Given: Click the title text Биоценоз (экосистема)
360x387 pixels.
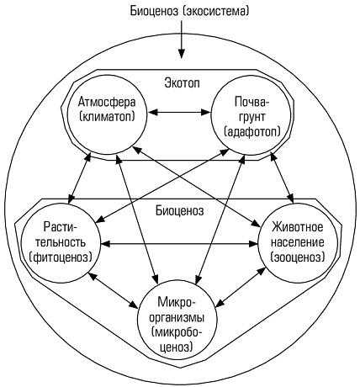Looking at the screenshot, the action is click(189, 11).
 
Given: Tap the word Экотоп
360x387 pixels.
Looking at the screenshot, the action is click(183, 82).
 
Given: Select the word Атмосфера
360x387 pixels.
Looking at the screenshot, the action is click(107, 102).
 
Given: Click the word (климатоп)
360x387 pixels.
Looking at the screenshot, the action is click(107, 116).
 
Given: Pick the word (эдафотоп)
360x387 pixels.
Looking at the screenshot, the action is click(252, 131).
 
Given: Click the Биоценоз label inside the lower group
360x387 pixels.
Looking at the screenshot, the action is click(180, 210).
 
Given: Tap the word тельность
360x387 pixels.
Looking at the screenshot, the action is click(61, 241).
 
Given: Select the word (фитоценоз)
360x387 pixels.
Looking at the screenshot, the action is click(61, 257).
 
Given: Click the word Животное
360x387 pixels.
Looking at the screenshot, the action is click(297, 226).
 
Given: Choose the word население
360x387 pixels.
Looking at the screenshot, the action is click(298, 241).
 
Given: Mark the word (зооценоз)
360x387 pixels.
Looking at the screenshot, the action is click(298, 257).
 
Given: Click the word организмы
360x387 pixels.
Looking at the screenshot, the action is click(177, 318).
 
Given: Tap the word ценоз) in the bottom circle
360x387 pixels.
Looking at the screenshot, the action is click(177, 347).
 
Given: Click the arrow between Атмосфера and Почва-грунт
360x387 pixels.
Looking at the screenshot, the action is click(179, 113).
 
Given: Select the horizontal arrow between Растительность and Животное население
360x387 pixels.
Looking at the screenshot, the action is click(179, 244).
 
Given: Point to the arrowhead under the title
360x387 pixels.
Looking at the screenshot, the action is click(182, 53).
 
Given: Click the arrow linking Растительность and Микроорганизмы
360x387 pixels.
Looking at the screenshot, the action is click(114, 290).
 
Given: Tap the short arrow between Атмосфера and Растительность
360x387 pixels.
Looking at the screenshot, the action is click(80, 178).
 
